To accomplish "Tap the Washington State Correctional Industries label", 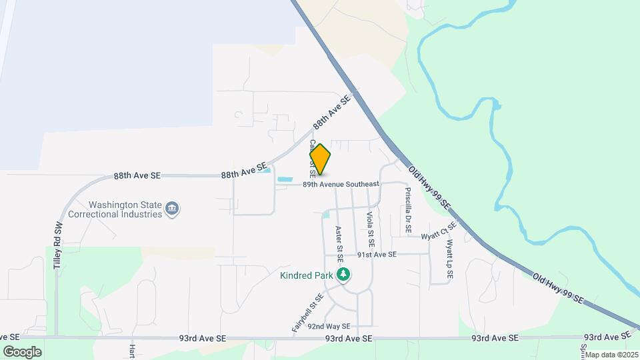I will click(126, 209).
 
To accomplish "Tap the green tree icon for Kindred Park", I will click(343, 275).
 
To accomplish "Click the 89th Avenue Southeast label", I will click(341, 184).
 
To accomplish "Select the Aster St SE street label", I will click(339, 243).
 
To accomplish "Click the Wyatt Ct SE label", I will click(438, 232).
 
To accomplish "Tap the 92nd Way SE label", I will click(329, 326).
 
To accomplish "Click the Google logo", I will click(22, 351).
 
